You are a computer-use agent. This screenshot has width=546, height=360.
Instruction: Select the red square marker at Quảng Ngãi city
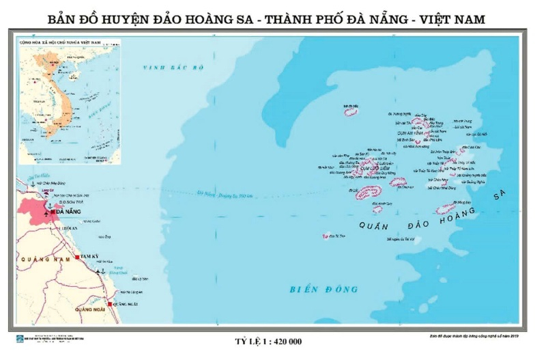tap(109, 302)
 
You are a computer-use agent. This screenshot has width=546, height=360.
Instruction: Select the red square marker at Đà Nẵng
tap(54, 212)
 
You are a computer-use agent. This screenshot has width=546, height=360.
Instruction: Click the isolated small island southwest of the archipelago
tap(325, 236)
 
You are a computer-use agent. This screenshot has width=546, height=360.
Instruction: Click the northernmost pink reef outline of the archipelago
tap(351, 111)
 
